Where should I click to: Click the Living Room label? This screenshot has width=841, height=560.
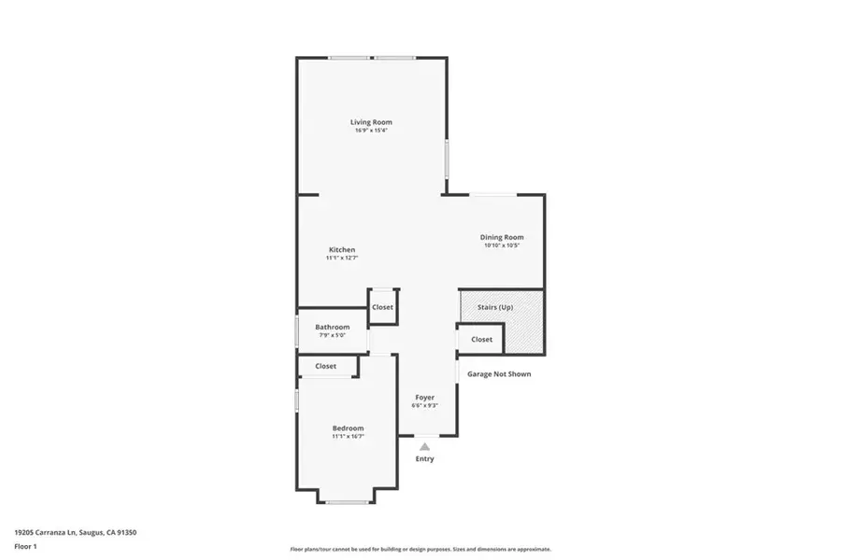point(371,122)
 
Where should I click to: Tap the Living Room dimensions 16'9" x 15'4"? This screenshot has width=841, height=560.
point(371,131)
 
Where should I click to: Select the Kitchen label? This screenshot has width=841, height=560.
point(342,249)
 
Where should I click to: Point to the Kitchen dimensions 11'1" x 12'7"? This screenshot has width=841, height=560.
point(342,259)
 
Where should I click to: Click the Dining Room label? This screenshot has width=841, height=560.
point(502,237)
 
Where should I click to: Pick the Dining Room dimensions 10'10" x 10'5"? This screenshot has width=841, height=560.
point(502,246)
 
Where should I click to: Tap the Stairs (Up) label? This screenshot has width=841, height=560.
point(495,306)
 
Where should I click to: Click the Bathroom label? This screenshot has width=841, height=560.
point(332,327)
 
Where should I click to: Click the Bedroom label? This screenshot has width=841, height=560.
point(348,427)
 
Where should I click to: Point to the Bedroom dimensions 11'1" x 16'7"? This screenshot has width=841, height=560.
point(348,436)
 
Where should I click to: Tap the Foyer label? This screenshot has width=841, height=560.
point(425,398)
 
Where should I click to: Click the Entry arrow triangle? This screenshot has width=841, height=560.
point(424,447)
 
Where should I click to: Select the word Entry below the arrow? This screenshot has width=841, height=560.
point(424,459)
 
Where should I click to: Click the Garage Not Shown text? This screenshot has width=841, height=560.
point(499,374)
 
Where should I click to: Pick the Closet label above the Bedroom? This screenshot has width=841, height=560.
point(325,366)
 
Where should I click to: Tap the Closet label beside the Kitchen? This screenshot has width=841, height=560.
point(382,307)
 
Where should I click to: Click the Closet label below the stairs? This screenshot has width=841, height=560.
point(481,340)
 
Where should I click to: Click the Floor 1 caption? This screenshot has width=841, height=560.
point(26,545)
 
